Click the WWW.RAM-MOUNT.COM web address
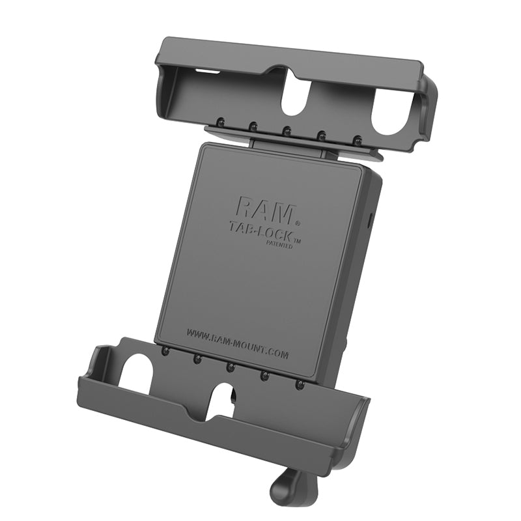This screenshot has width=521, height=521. click(238, 343)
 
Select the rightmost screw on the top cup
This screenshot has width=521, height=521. click(357, 140)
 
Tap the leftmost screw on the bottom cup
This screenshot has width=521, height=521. click(166, 352)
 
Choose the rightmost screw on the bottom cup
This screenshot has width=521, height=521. click(300, 386)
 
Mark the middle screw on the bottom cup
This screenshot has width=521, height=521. click(231, 367)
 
